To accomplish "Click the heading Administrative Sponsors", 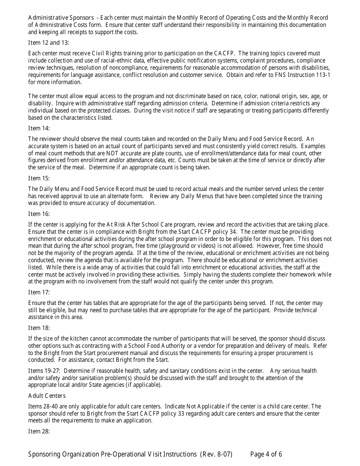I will pos(61,18).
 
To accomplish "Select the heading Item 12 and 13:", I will pos(49,43).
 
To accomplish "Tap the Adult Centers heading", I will pos(47,396).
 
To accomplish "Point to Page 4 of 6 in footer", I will pos(266,455).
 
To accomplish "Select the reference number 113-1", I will pos(323,75).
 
